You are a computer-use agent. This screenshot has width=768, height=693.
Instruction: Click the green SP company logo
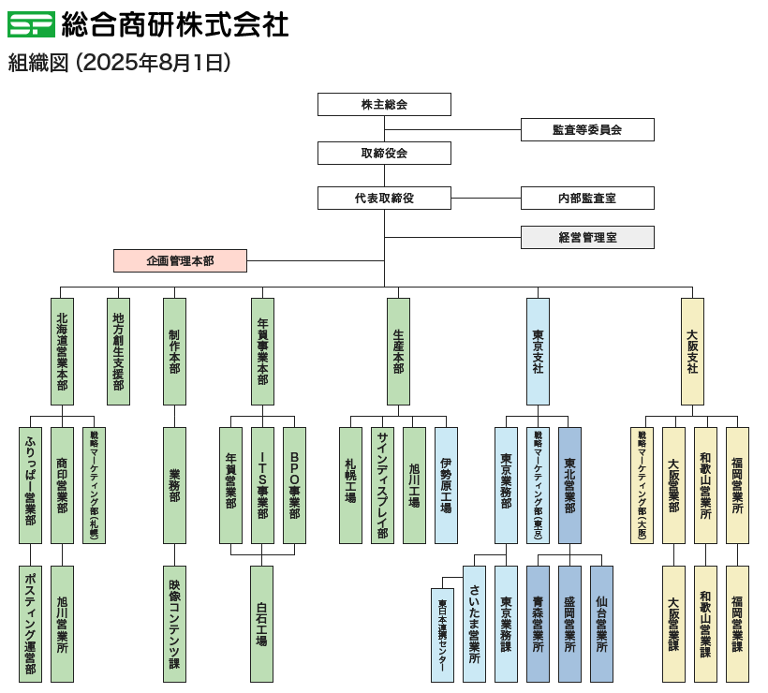(30, 24)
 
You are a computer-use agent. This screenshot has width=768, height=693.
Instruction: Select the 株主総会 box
(384, 104)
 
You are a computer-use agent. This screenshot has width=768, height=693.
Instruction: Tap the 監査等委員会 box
(587, 130)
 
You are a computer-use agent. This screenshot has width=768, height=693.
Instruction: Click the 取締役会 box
(384, 153)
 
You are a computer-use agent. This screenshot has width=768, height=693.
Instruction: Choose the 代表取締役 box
(384, 198)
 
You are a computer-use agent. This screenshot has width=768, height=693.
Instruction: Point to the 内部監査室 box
(587, 198)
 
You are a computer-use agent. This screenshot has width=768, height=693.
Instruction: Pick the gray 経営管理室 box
(587, 237)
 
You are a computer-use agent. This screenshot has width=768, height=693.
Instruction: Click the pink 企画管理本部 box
(180, 260)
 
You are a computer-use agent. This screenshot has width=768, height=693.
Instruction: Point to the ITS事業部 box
(263, 485)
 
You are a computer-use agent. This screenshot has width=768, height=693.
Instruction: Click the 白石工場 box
(262, 623)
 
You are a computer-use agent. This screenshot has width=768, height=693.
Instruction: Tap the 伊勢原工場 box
(447, 485)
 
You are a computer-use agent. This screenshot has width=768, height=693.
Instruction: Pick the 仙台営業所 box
(601, 623)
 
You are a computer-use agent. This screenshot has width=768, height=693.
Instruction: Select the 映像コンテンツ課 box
(174, 623)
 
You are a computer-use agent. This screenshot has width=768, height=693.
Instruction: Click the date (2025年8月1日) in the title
(154, 63)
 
